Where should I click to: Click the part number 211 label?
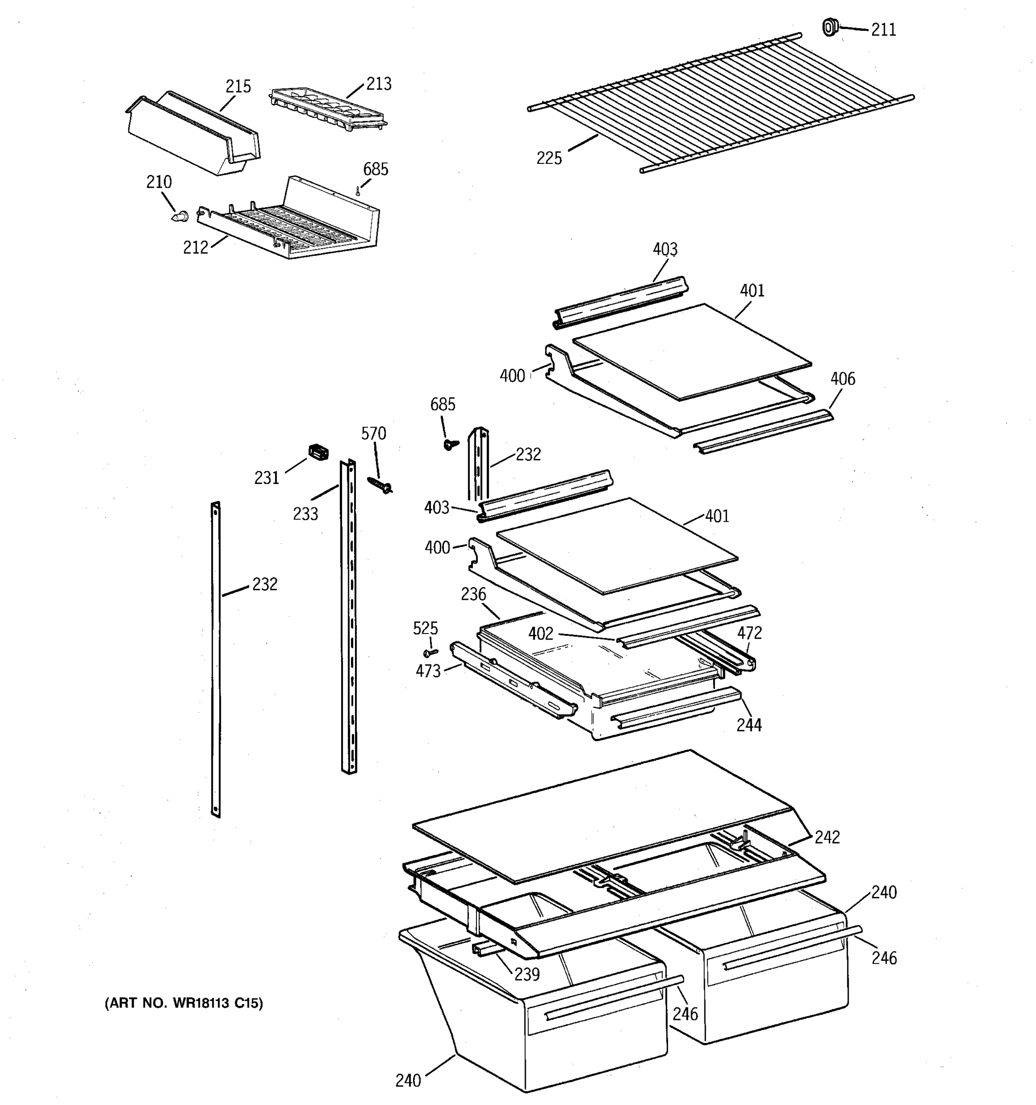(883, 30)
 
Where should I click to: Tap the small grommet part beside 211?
(829, 27)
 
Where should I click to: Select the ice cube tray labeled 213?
(328, 108)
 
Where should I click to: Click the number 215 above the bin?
(238, 87)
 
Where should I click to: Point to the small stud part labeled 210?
(180, 216)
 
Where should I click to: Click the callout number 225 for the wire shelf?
(548, 158)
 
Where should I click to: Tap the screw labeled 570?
(379, 485)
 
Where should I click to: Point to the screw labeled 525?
(431, 652)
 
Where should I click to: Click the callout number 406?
(843, 379)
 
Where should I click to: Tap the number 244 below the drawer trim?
(749, 725)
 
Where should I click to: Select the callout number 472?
(749, 633)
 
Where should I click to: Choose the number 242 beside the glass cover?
(827, 837)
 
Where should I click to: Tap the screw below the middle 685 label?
(451, 443)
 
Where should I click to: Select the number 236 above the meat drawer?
(473, 594)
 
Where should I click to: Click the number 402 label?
(540, 634)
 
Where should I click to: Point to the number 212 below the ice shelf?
(196, 248)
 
